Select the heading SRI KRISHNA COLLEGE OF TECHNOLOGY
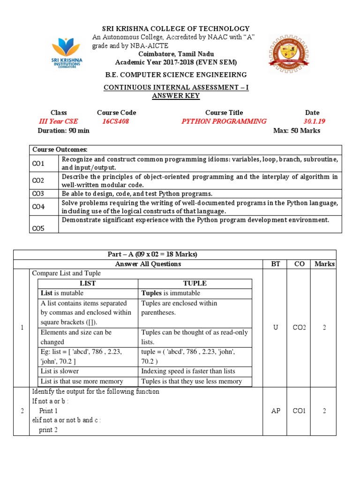click(176, 29)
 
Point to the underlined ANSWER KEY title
click(176, 96)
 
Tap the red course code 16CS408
click(115, 121)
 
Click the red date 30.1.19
click(314, 121)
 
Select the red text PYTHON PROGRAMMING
click(224, 121)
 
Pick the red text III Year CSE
click(59, 121)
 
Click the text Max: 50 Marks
click(297, 131)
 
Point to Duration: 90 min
click(63, 131)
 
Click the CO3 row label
click(38, 194)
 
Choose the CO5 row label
click(38, 228)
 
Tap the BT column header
click(276, 264)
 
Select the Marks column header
click(324, 264)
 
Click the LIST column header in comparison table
click(88, 284)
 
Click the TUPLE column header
click(195, 284)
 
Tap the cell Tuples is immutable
click(171, 293)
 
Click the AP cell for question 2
click(276, 411)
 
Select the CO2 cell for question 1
click(299, 328)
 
